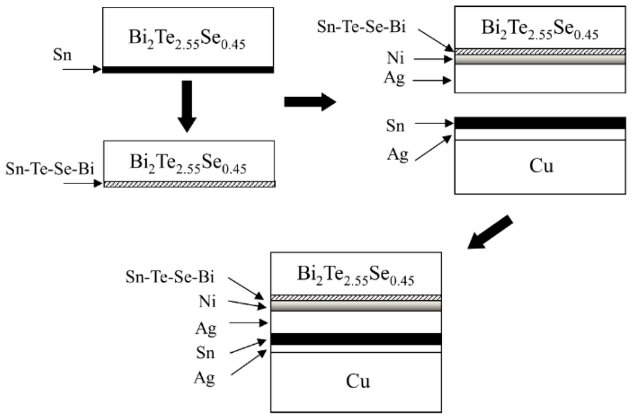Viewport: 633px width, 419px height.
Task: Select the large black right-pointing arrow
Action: (x=309, y=102)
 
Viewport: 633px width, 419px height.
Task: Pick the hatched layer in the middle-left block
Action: (x=189, y=184)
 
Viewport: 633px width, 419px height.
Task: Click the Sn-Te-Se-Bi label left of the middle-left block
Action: (x=49, y=167)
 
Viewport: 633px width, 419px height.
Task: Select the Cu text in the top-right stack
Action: (x=541, y=167)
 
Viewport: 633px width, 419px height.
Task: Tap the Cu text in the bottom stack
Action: (x=357, y=381)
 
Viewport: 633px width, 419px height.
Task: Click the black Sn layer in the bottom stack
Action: (x=356, y=339)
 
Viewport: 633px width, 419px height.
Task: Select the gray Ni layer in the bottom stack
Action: (x=356, y=306)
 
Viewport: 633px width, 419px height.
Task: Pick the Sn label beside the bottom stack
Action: (x=206, y=352)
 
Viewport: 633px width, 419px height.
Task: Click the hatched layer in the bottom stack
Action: (x=356, y=298)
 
